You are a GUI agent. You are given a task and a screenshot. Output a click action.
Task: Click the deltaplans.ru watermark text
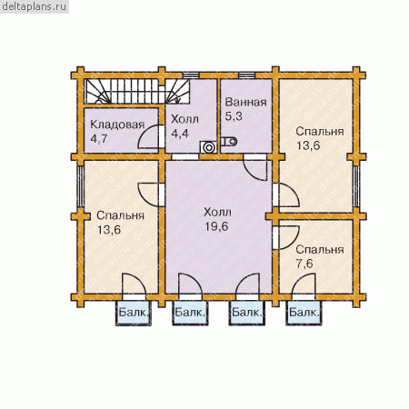click(x=34, y=6)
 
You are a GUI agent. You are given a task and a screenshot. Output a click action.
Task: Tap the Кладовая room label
click(x=117, y=125)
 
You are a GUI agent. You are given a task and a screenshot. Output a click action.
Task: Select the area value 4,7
click(x=99, y=139)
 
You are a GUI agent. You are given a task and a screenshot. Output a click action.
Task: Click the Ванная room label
click(x=245, y=102)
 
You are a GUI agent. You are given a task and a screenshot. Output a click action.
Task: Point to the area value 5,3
click(x=234, y=116)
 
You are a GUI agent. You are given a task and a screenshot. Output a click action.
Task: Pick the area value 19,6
click(x=216, y=226)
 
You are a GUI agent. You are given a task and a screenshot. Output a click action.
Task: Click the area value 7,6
click(x=304, y=264)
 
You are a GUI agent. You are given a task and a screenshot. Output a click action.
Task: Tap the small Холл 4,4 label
click(x=185, y=126)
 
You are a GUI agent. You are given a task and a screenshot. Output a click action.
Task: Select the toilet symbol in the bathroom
click(x=229, y=141)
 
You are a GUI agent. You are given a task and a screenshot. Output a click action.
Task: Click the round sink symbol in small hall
click(x=208, y=147)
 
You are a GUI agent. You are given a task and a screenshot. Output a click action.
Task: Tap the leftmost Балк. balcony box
click(x=134, y=314)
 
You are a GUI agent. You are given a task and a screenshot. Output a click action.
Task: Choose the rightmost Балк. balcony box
click(x=304, y=314)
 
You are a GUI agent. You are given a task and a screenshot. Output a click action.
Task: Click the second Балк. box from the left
click(x=190, y=314)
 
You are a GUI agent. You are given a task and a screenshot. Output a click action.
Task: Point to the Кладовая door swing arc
click(x=145, y=131)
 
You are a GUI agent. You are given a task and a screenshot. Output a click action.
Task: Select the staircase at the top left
click(x=136, y=92)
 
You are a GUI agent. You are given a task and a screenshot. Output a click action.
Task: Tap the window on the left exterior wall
click(x=80, y=186)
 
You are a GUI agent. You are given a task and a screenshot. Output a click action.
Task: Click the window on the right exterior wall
click(x=356, y=186)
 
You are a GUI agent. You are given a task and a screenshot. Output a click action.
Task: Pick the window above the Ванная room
click(x=247, y=75)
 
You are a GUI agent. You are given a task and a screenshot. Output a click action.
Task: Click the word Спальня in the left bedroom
click(x=120, y=215)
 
